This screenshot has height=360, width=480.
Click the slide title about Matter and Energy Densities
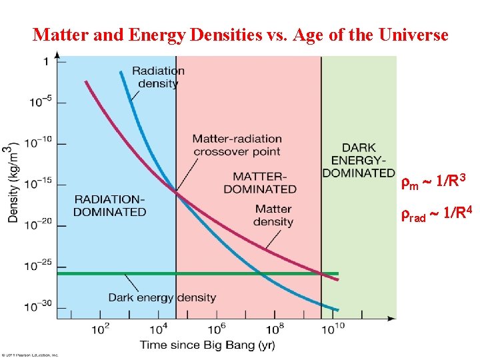[240, 35]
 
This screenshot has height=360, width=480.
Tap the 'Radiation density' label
[158, 77]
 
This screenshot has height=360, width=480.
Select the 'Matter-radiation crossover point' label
[237, 145]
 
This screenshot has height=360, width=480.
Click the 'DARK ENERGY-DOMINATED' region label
[359, 160]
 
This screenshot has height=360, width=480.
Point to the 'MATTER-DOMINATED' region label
[260, 183]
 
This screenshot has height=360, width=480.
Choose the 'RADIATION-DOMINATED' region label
[109, 205]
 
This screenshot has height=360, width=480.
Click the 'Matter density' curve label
[273, 215]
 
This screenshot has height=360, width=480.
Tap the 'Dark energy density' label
[162, 297]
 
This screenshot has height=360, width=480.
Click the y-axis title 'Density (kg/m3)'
[13, 183]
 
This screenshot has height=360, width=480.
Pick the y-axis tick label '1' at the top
[46, 62]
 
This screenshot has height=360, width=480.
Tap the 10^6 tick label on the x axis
[215, 329]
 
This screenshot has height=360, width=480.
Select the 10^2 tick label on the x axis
[100, 329]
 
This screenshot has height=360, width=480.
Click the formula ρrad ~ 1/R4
[437, 215]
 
